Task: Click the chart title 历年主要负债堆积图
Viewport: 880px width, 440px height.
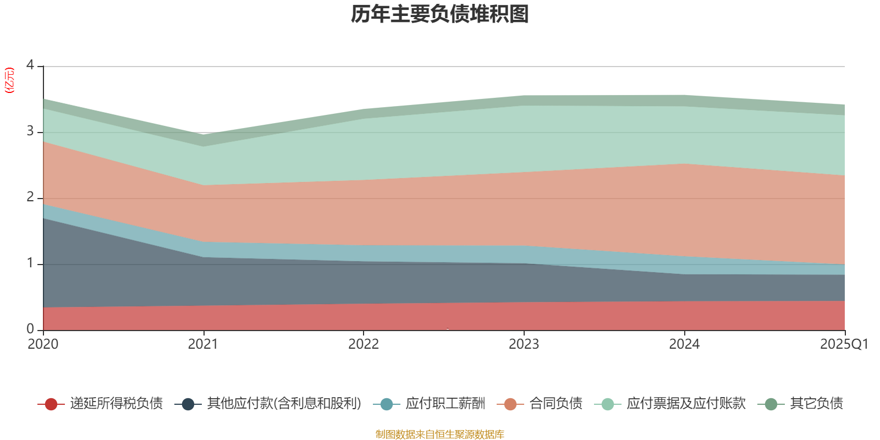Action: [x=440, y=14]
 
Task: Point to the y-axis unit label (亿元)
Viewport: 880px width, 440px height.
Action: [x=9, y=80]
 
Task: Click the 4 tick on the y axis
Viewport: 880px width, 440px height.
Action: [x=30, y=65]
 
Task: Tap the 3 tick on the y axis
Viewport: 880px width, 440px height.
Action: [x=30, y=131]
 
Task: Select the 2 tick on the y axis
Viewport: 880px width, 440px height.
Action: [x=30, y=197]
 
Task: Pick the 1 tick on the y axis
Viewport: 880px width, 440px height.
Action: [x=30, y=263]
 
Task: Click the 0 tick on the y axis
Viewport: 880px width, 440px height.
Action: [x=30, y=329]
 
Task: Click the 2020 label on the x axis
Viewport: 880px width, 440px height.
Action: [x=43, y=344]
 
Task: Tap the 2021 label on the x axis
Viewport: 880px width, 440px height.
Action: [x=203, y=344]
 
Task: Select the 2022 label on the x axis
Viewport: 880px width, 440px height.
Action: [x=364, y=344]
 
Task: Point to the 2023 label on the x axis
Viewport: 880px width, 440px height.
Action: [x=524, y=344]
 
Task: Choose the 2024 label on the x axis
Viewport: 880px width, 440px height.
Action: [x=684, y=344]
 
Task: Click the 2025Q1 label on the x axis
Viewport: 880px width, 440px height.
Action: [x=844, y=344]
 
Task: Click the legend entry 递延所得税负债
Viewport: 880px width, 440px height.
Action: [x=116, y=404]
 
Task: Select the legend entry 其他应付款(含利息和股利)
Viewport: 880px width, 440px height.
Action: [x=284, y=404]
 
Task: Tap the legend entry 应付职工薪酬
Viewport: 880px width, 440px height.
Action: [x=445, y=404]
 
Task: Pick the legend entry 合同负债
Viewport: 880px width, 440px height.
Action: [x=555, y=404]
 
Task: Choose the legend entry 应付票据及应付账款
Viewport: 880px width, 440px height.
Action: [x=686, y=404]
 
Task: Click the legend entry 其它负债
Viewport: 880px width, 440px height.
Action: [x=816, y=404]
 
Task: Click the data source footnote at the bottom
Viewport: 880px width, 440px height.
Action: [x=440, y=435]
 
